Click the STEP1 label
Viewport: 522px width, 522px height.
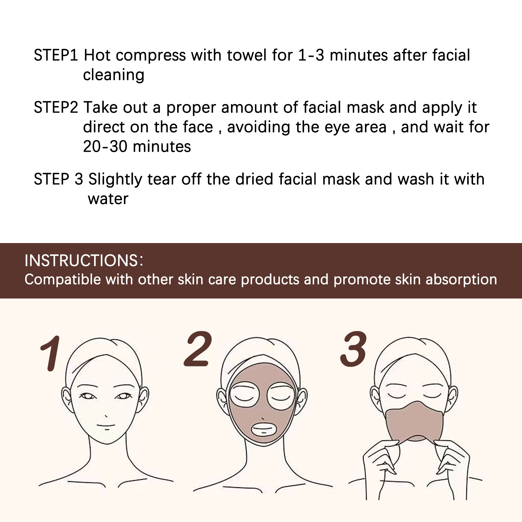tap(56, 55)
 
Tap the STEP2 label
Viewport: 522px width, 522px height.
tap(56, 107)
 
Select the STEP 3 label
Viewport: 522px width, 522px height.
tap(58, 179)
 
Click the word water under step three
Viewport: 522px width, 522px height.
tap(108, 199)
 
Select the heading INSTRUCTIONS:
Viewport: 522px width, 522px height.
tap(84, 261)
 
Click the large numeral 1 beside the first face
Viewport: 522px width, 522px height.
tap(51, 354)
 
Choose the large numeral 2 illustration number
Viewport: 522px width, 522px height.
tap(198, 349)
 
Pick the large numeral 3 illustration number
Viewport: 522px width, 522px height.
tap(353, 349)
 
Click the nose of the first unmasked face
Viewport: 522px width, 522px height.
tap(106, 416)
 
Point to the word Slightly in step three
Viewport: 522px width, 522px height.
tap(115, 179)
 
